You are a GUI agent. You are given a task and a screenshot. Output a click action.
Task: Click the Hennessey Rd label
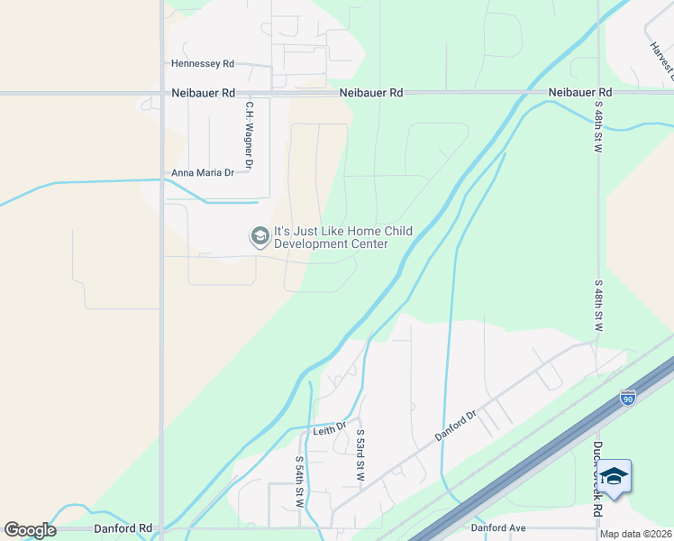pos(203,64)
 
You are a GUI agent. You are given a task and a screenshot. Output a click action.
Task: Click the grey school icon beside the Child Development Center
pos(260,237)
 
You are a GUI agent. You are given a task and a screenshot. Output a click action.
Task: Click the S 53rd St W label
pos(360,454)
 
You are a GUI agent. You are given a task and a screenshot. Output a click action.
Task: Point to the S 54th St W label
pos(299,480)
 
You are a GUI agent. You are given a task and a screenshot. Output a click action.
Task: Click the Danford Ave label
pos(497,527)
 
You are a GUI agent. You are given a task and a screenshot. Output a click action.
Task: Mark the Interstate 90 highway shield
pos(628,398)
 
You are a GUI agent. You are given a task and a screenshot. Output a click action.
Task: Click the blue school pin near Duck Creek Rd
pos(615,477)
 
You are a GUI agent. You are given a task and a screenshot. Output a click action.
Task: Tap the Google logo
pos(30,530)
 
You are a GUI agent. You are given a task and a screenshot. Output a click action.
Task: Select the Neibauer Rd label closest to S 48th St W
pos(580,93)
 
